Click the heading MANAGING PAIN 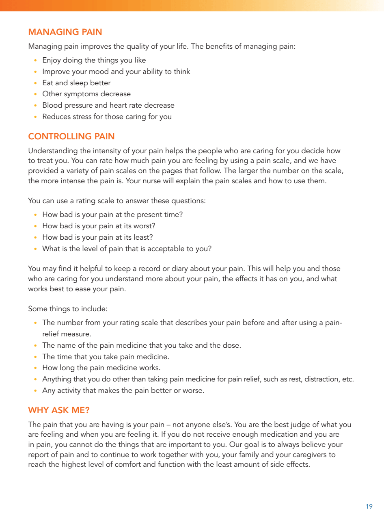tap(65, 32)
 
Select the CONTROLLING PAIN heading tap(71, 136)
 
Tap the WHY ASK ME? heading tap(59, 410)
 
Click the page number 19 tap(369, 506)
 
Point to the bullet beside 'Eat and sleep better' tap(36, 83)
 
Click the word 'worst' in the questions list tap(145, 226)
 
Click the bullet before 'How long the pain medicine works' tap(36, 368)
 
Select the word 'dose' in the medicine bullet tap(232, 345)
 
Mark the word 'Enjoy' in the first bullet tap(52, 60)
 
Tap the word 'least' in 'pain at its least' tap(144, 237)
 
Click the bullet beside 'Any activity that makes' tap(36, 391)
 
